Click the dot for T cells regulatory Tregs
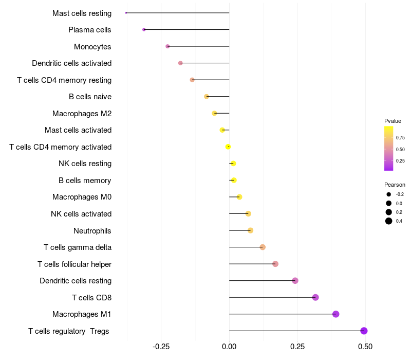(364, 331)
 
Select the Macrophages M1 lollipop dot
(335, 314)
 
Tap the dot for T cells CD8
(315, 297)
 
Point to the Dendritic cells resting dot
(295, 280)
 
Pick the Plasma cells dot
(144, 29)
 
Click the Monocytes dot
(167, 46)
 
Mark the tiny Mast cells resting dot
(126, 13)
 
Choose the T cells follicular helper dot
(275, 264)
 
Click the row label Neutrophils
(92, 230)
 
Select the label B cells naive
(90, 97)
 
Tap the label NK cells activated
(81, 214)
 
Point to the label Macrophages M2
(82, 113)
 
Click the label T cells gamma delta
(78, 247)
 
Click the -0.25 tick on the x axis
(161, 347)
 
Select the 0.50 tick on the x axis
(365, 347)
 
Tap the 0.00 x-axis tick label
(229, 347)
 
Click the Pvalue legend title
(393, 121)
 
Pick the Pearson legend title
(395, 185)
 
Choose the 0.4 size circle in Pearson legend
(389, 221)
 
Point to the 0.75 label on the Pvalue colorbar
(400, 138)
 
